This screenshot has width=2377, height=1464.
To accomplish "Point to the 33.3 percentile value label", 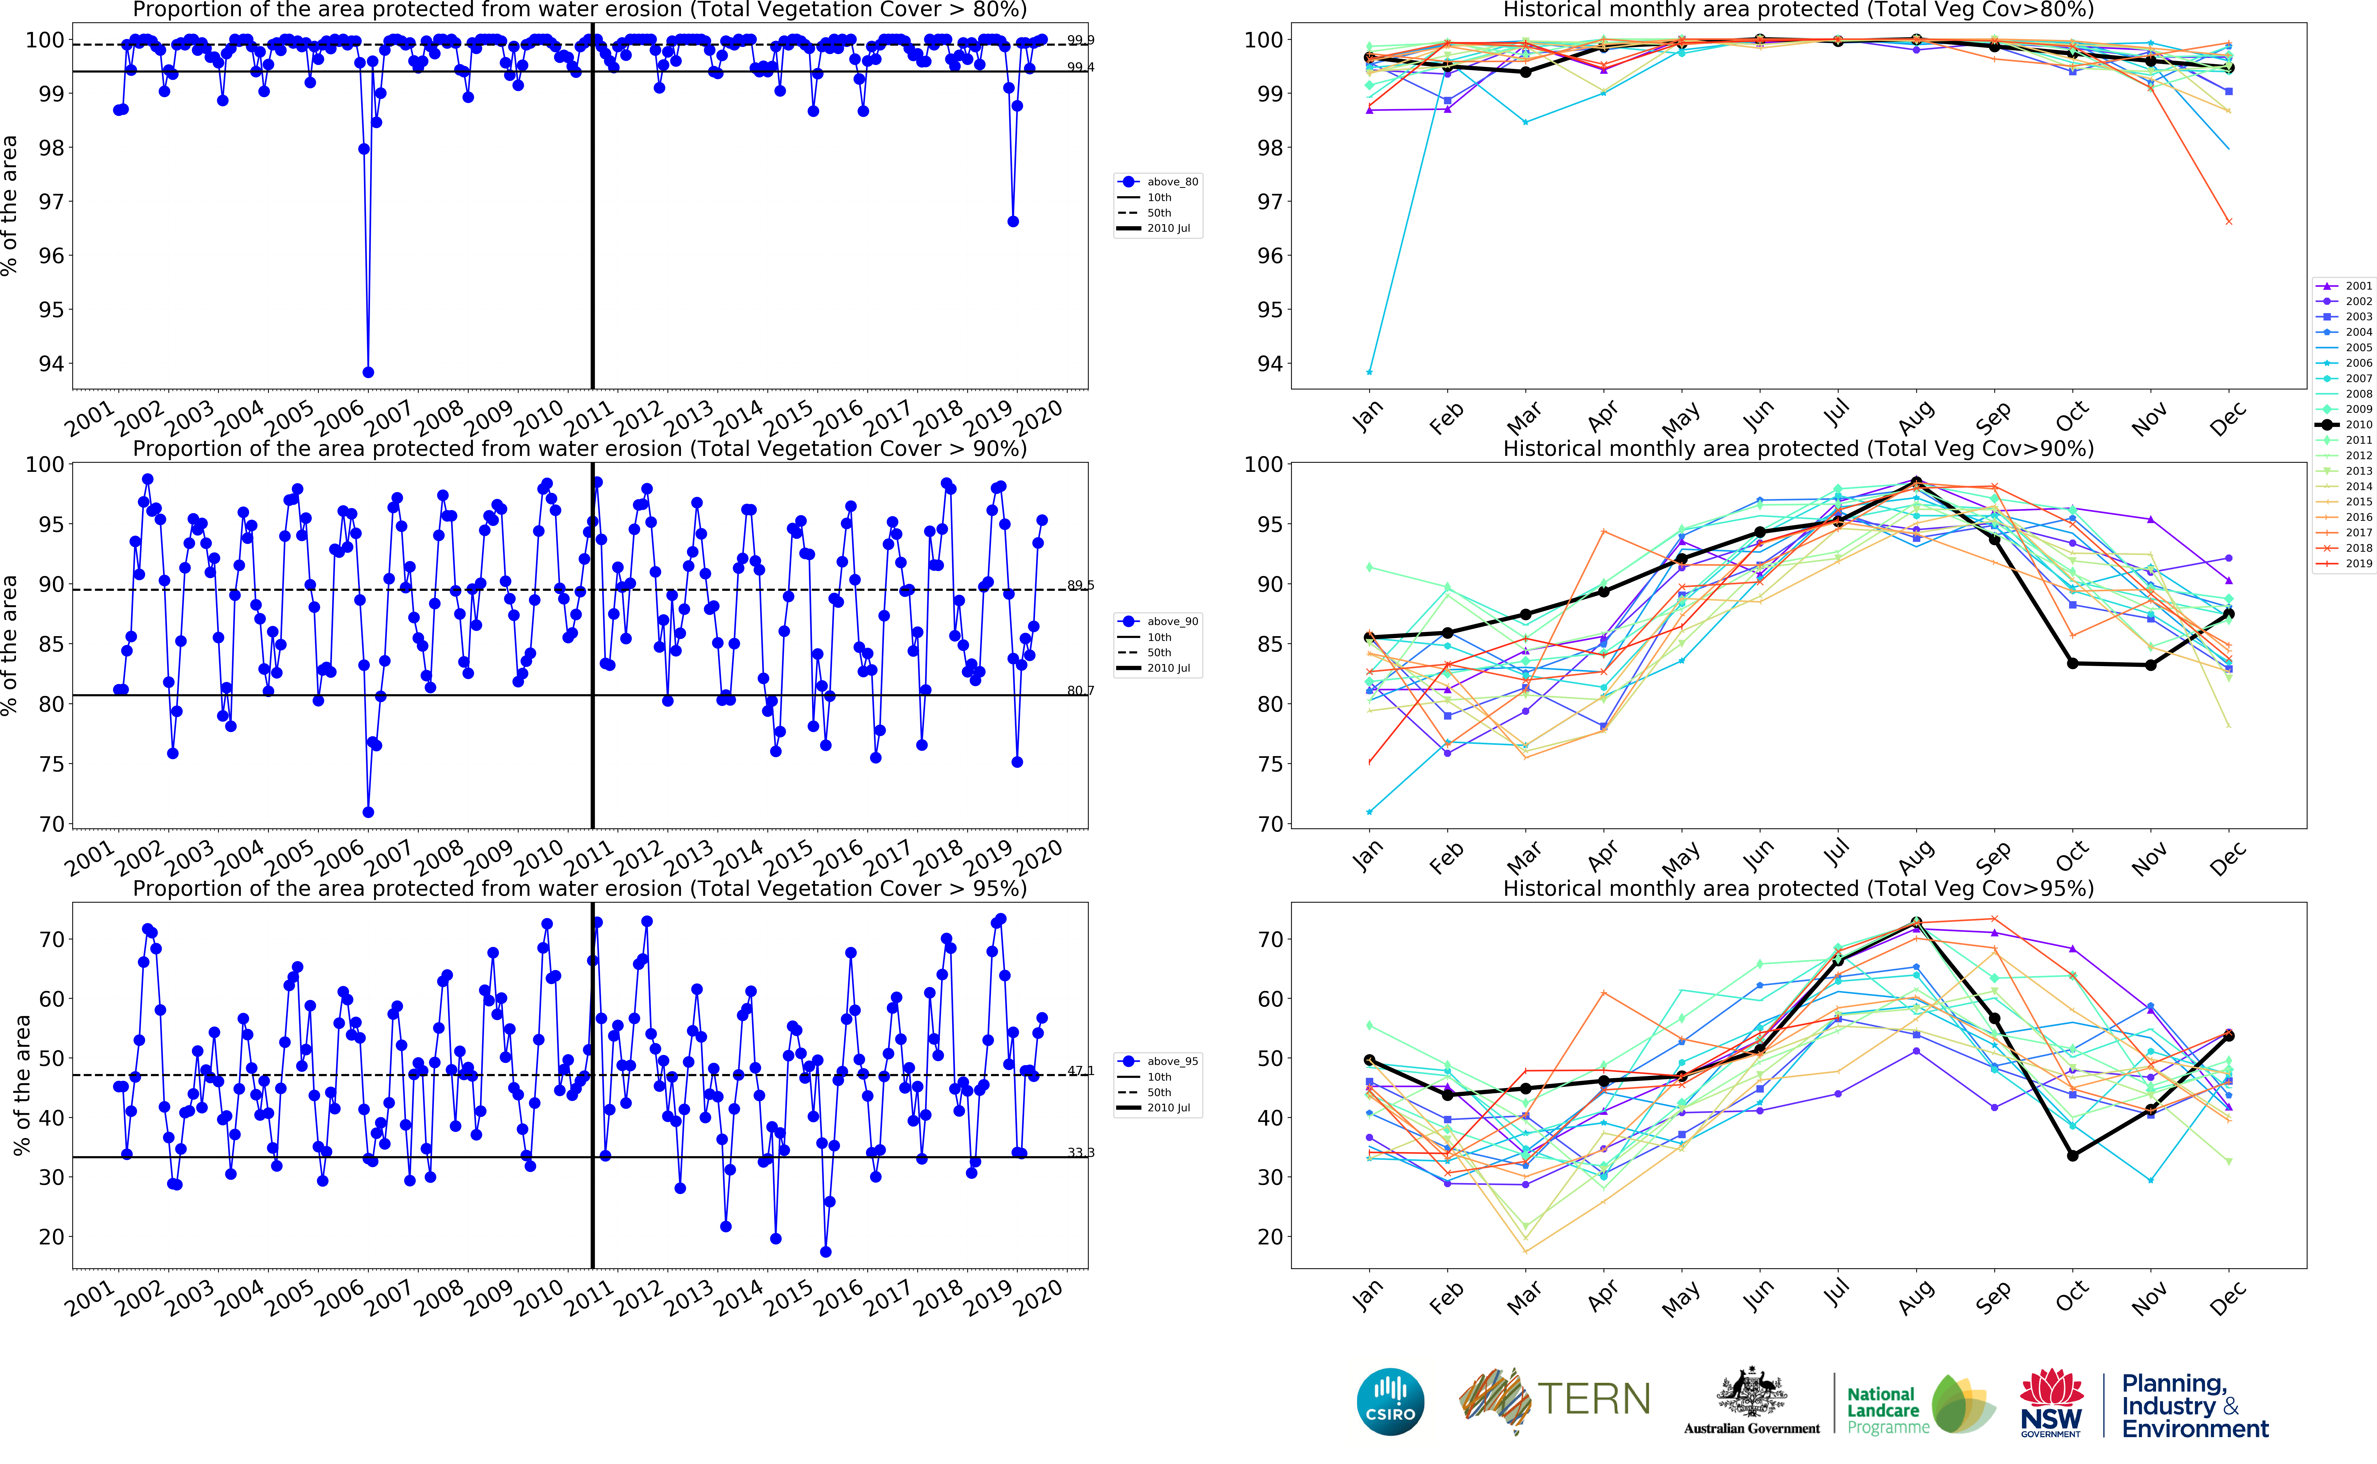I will coord(1081,1152).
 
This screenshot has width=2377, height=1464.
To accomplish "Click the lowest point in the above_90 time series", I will coord(368,812).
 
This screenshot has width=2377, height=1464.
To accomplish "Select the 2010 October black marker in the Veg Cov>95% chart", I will coord(2073,1155).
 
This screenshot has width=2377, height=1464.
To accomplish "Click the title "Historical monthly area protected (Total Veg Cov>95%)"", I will coord(1798,888).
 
